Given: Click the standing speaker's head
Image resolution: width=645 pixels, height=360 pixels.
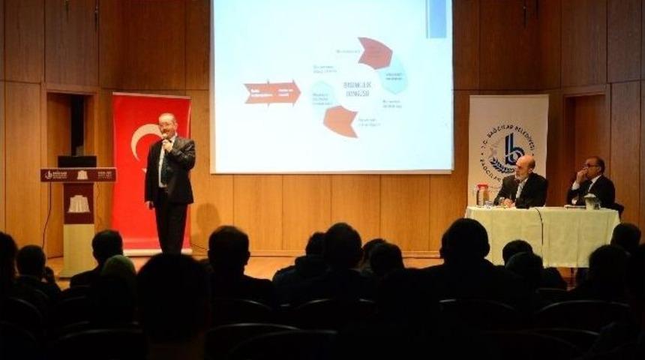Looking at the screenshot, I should tap(167, 124).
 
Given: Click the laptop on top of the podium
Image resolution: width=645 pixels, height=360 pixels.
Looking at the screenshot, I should tap(77, 161).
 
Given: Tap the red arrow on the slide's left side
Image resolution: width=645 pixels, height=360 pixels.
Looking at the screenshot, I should tap(271, 92).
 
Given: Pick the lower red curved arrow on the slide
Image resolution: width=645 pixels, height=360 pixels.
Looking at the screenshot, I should tap(340, 121).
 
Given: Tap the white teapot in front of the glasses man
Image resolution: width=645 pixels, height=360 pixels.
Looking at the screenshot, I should tap(592, 201).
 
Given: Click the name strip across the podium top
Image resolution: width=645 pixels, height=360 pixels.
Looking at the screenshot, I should tap(79, 175).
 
